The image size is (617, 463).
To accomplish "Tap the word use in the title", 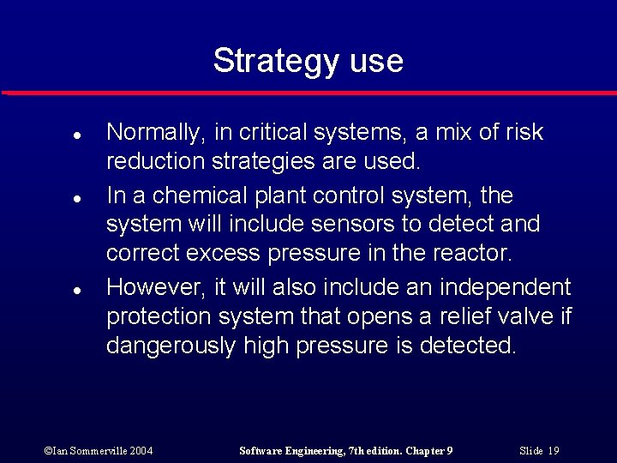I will tap(376, 62).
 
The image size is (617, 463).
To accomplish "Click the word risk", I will tap(524, 132).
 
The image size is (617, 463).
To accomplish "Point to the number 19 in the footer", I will tap(553, 450).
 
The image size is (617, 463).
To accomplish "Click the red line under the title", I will tap(308, 92).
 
